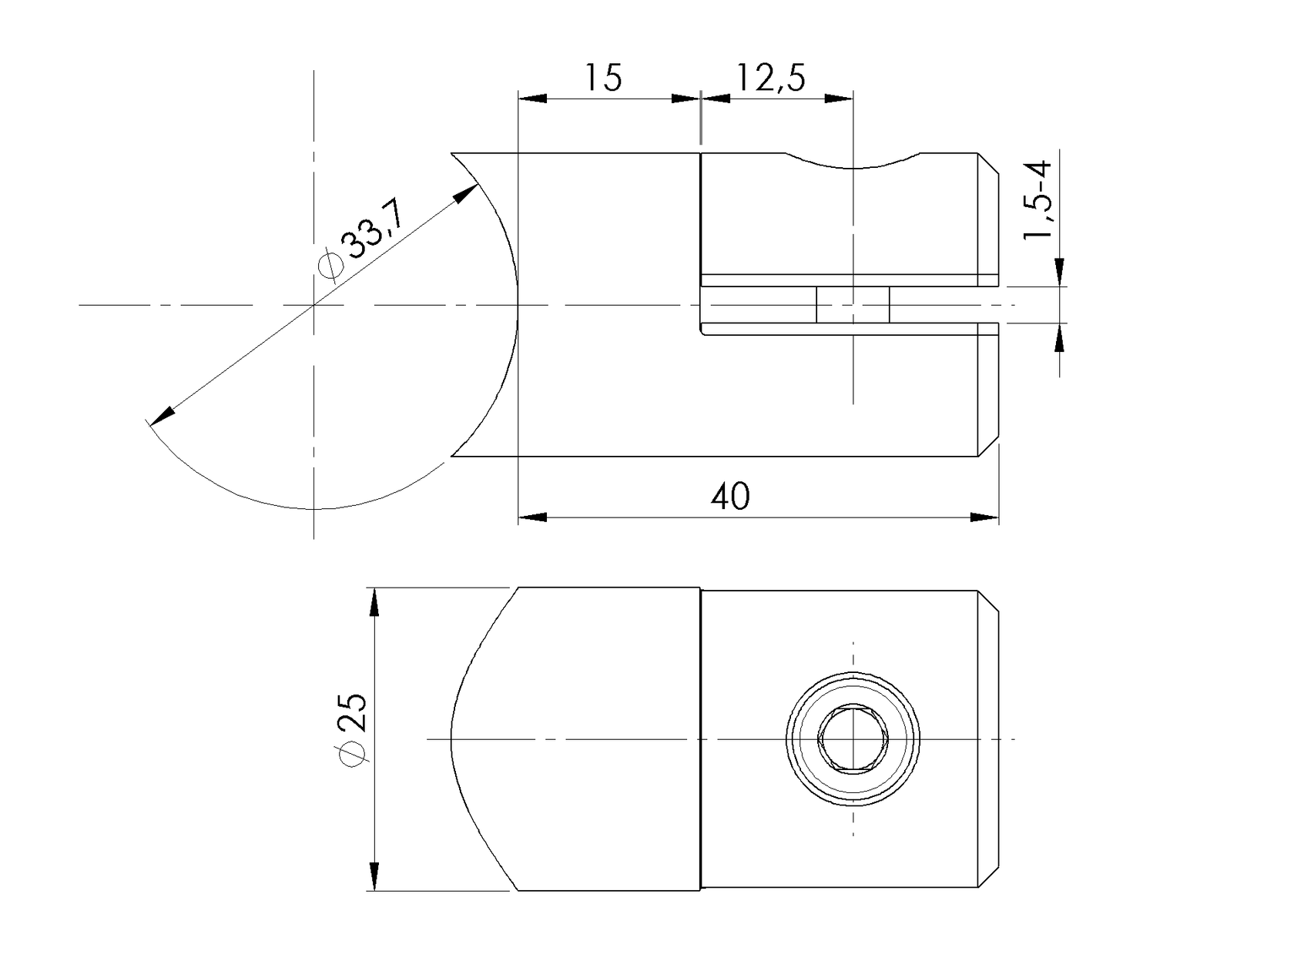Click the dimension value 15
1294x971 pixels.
[603, 78]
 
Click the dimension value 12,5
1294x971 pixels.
[771, 78]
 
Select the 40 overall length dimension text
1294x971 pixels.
[729, 497]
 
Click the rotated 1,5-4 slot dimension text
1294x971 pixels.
[1038, 200]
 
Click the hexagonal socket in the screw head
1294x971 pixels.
[853, 738]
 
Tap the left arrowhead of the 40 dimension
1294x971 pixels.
[531, 517]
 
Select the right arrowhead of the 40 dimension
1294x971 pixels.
[985, 517]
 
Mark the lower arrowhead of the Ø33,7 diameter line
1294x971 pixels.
[162, 416]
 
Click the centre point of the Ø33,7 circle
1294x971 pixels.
[313, 305]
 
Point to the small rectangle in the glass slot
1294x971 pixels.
[853, 305]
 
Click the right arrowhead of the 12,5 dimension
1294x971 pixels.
[840, 99]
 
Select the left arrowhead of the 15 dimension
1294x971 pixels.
[532, 99]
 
